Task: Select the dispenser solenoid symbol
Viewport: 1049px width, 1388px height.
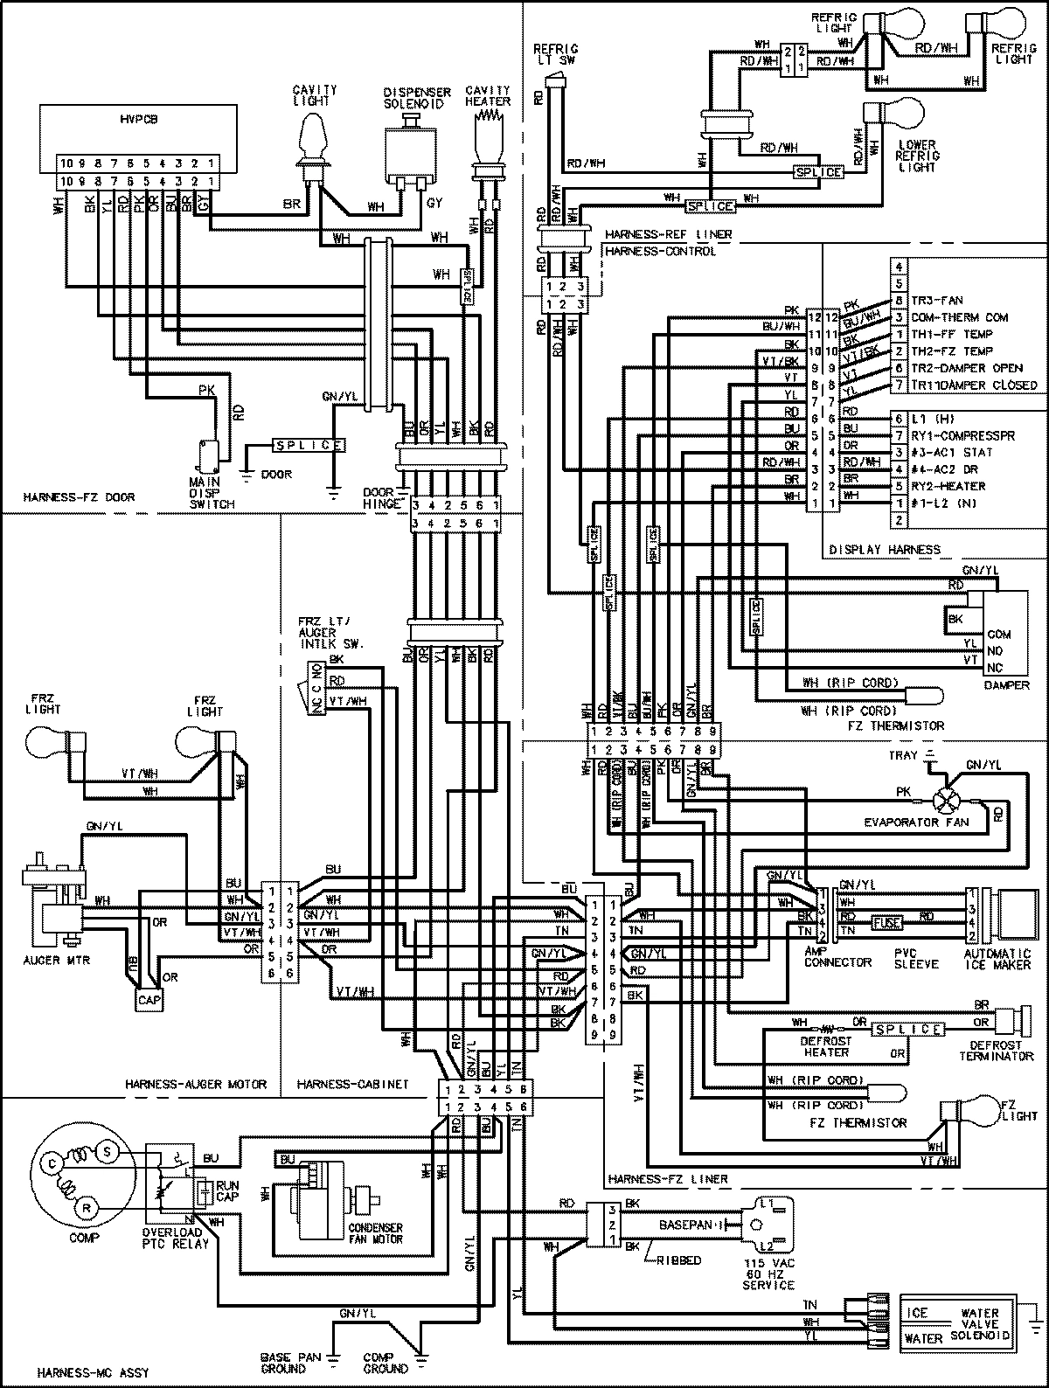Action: [x=410, y=153]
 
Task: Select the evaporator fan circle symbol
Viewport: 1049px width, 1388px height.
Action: [x=946, y=800]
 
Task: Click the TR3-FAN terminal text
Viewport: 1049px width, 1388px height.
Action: [x=936, y=301]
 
